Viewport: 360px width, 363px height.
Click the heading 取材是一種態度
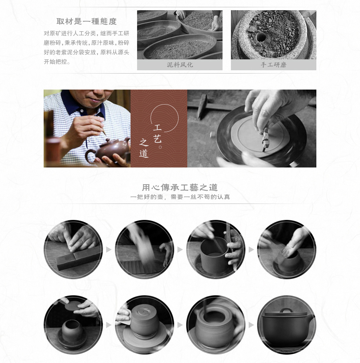(86, 21)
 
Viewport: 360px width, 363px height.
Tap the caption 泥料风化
(180, 65)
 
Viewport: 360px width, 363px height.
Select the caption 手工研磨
(273, 65)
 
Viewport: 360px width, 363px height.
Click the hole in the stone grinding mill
(261, 36)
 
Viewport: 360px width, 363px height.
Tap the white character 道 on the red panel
(144, 154)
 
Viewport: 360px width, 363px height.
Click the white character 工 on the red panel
(157, 127)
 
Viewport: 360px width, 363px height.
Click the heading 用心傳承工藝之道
(180, 188)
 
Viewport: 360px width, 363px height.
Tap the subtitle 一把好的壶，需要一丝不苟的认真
(180, 197)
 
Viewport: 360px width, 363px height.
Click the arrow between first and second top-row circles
(109, 249)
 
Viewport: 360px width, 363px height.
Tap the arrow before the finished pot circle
(251, 325)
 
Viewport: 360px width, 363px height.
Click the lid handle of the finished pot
(286, 310)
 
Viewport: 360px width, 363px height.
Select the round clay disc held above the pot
(72, 307)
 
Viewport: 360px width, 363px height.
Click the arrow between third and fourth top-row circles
(251, 249)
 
